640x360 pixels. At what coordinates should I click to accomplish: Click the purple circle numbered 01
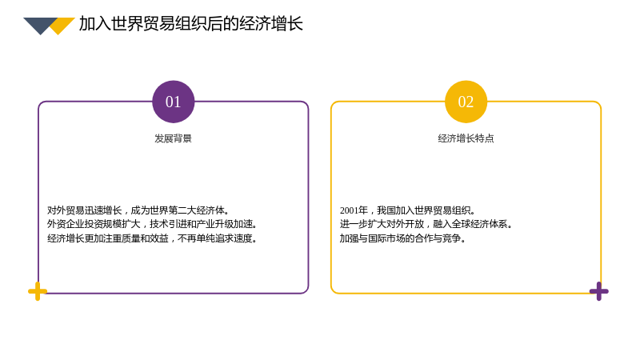[x=173, y=102]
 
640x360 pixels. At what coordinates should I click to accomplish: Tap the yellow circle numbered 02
[x=466, y=102]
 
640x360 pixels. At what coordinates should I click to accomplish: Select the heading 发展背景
[x=173, y=138]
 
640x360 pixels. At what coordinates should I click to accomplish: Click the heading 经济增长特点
[x=466, y=138]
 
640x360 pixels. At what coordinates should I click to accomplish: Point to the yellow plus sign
[x=38, y=291]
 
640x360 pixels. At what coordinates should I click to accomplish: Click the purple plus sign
[x=598, y=291]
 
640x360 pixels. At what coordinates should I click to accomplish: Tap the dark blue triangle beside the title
[x=40, y=26]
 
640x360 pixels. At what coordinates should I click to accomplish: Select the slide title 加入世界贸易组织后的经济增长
[x=190, y=24]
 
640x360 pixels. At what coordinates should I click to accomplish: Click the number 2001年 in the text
[x=354, y=210]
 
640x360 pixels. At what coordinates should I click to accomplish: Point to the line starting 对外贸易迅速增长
[x=138, y=210]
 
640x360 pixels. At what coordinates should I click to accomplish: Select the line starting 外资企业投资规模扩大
[x=152, y=224]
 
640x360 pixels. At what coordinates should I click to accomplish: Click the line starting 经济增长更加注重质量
[x=152, y=238]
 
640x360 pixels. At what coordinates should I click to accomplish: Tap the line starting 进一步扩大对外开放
[x=426, y=224]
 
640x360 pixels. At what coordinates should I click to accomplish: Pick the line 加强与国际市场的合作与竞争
[x=403, y=238]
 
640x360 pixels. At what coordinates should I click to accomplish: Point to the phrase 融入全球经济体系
[x=470, y=224]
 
